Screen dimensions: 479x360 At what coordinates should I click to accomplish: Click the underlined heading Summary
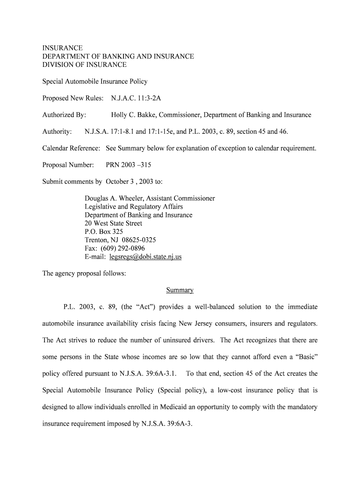coord(180,290)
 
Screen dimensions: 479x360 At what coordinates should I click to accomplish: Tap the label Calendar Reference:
coord(71,148)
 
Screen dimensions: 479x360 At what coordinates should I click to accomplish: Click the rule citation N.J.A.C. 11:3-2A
coord(136,98)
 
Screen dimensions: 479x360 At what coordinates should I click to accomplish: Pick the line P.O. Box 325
coord(104,232)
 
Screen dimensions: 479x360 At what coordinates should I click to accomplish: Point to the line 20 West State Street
coord(113,224)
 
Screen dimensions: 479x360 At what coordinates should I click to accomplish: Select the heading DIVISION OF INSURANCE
coord(84,65)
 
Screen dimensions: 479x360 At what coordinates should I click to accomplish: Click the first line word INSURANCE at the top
coord(63,48)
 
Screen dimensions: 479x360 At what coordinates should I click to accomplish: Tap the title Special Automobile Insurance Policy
coord(95,81)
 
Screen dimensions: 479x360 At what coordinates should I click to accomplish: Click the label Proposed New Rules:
coord(72,98)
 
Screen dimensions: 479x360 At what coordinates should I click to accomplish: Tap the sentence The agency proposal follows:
coord(84,274)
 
